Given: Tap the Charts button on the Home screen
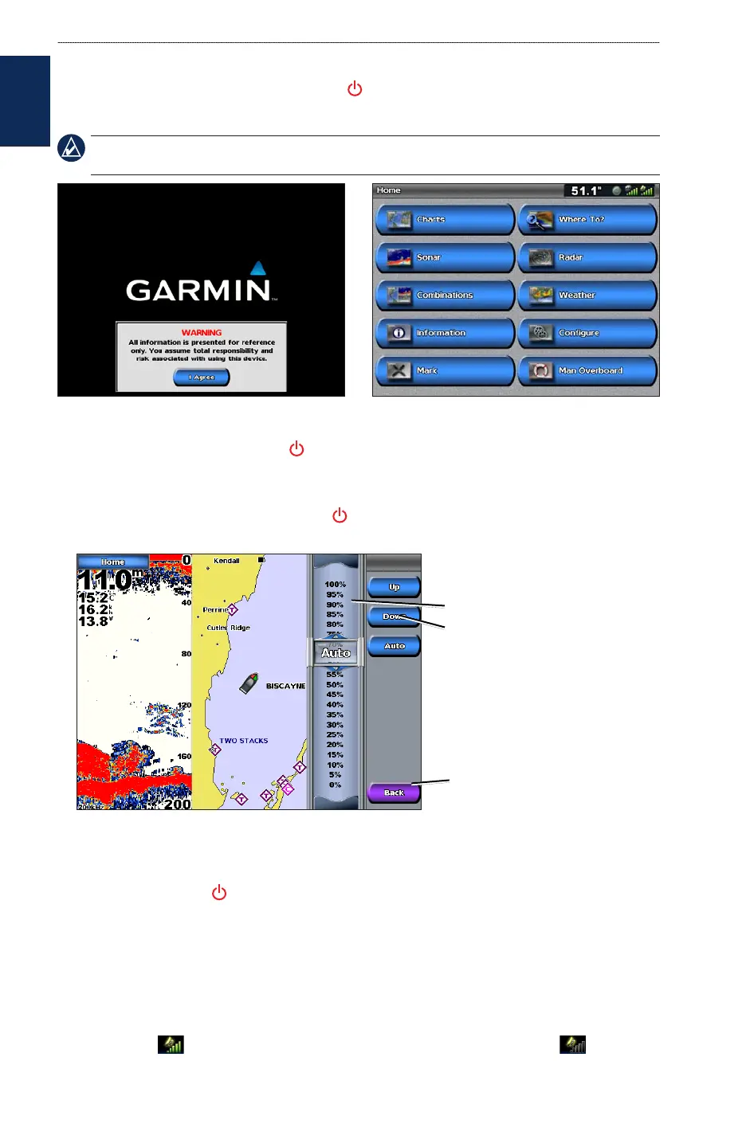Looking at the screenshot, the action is tap(445, 219).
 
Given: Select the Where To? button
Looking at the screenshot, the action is tap(587, 219).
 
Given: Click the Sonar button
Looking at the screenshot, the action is tap(445, 257).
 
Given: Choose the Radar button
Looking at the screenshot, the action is tap(587, 257).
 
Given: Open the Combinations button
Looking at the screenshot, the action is tap(445, 295).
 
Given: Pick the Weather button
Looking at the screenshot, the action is tap(587, 295).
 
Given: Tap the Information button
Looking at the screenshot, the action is tap(445, 333).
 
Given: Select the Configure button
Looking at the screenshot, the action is tap(587, 333).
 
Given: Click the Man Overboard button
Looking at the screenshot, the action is tap(587, 370).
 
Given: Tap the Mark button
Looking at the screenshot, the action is tap(445, 370).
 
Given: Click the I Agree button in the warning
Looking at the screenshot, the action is tap(202, 378).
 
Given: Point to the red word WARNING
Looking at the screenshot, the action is tap(202, 332).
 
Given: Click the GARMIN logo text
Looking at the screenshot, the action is tap(198, 290).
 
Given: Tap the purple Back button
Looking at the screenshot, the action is tap(394, 793).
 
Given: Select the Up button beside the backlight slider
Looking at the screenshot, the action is tap(394, 587).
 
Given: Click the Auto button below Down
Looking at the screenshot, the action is tap(394, 646).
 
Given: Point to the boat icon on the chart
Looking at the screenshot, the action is tap(249, 683).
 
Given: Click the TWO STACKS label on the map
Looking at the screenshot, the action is tap(244, 741).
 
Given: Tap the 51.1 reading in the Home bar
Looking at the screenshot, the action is tap(586, 191).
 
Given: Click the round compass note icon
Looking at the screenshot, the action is tap(72, 148).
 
